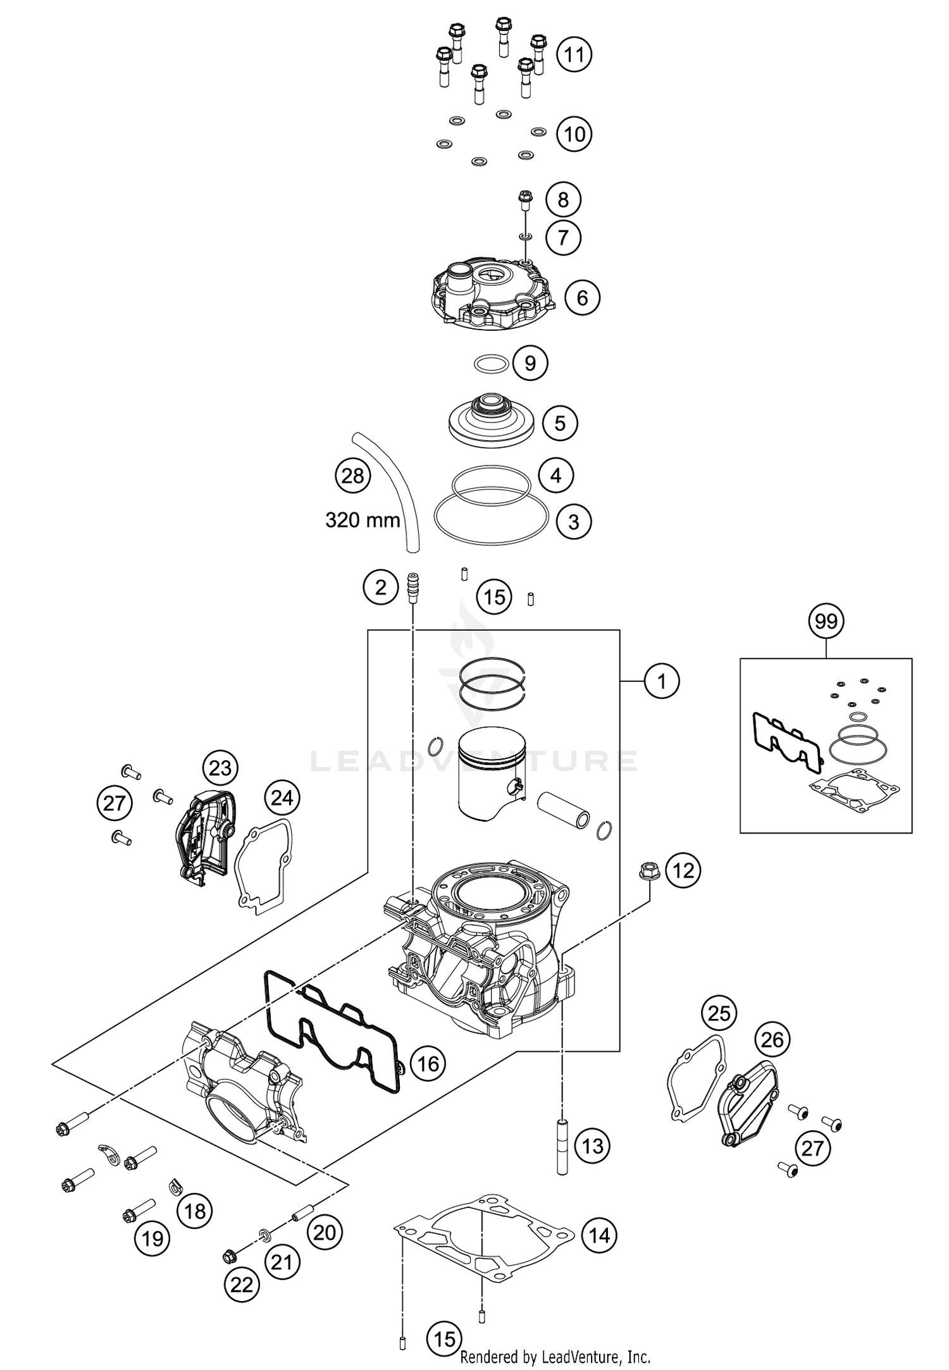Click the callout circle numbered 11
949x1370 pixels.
click(x=574, y=54)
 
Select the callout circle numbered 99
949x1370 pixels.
click(x=826, y=621)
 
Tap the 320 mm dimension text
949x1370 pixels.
click(x=363, y=520)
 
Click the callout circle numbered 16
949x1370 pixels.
click(x=428, y=1064)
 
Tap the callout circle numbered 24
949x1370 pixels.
click(x=282, y=798)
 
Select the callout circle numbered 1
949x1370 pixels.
click(x=662, y=681)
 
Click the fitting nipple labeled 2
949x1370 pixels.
click(x=412, y=582)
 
